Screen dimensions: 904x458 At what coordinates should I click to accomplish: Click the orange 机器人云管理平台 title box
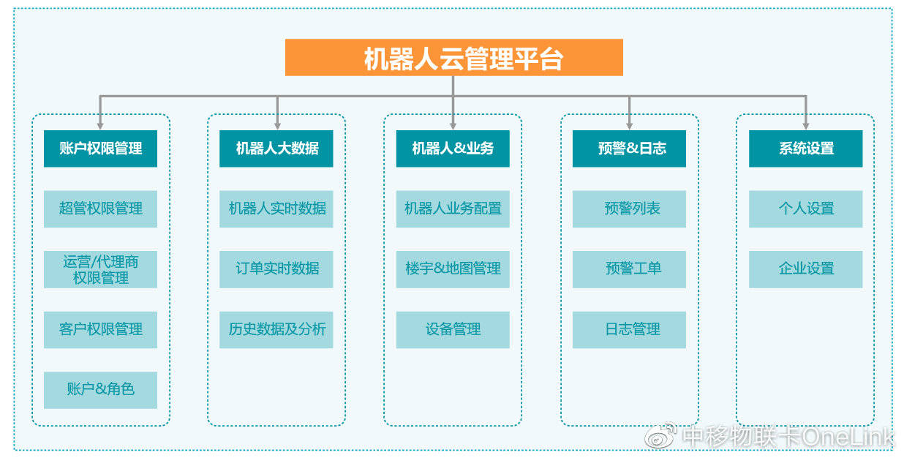pos(454,57)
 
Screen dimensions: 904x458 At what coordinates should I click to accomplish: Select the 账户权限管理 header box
pos(100,149)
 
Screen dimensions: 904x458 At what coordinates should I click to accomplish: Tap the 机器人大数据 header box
pos(276,149)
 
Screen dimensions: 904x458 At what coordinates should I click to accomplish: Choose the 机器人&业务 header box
pos(453,149)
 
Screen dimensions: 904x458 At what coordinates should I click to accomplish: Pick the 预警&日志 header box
pos(629,149)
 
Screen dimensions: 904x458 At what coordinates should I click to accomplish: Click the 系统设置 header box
pos(806,149)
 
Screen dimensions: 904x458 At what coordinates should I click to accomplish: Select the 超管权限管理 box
pos(100,209)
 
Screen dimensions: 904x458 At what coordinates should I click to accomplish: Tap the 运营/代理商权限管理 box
pos(100,269)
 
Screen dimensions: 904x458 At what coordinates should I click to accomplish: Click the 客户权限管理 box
pos(100,329)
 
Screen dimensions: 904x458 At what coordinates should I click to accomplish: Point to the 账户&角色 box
pos(100,390)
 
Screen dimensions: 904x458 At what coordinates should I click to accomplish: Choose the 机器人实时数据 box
pos(276,209)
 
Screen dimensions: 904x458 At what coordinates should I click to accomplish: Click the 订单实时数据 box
pos(276,269)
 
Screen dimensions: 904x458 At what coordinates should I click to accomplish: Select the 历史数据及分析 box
pos(276,329)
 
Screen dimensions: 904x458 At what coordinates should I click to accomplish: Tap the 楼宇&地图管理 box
pos(453,269)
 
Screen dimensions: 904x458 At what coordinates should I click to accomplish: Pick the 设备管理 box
pos(453,329)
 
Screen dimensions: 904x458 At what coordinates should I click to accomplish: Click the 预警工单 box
pos(629,269)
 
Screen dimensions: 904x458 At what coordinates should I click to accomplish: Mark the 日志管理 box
pos(629,329)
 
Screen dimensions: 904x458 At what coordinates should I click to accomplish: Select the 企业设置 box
pos(806,269)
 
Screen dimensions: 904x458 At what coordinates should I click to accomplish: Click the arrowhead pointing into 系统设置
pos(806,126)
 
